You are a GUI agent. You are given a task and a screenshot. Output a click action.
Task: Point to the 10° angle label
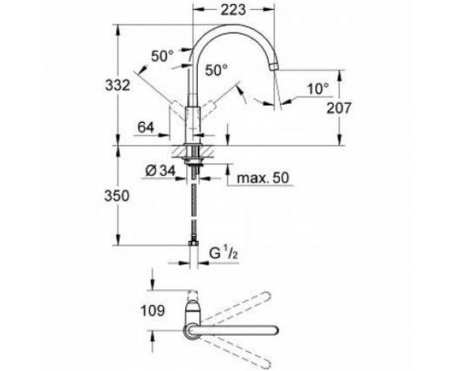(317, 86)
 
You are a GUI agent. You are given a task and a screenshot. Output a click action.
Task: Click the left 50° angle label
(163, 56)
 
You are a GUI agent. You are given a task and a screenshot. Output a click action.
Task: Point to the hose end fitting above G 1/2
(194, 242)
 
